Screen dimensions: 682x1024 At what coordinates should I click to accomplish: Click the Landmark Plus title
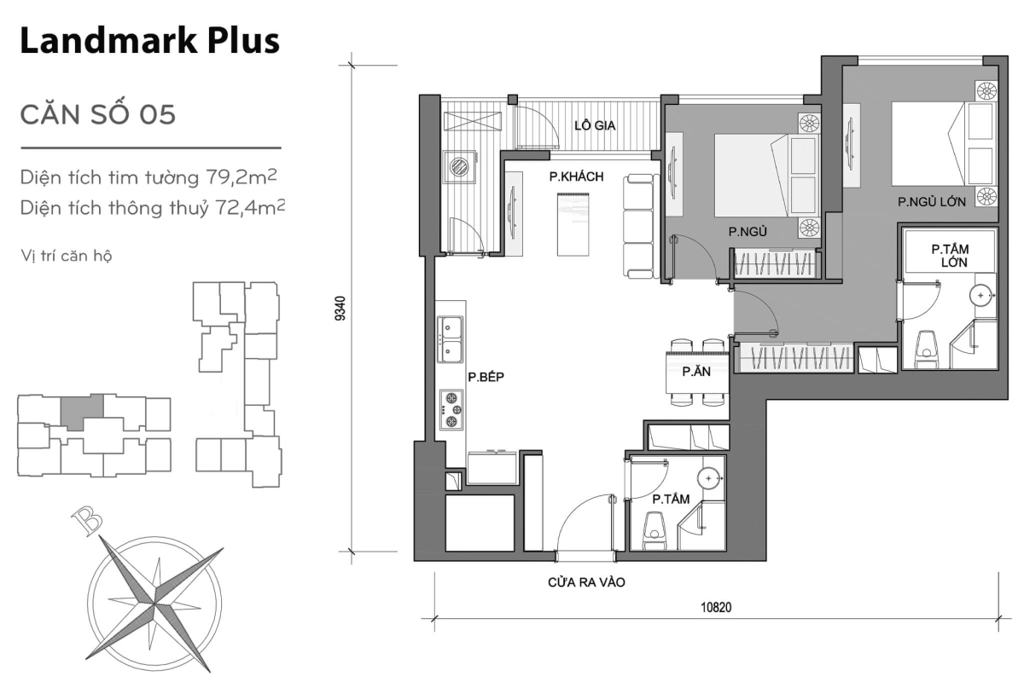(x=149, y=41)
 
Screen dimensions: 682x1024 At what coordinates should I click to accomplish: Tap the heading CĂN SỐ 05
(x=98, y=114)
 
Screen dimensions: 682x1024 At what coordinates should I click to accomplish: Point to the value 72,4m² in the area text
(x=248, y=206)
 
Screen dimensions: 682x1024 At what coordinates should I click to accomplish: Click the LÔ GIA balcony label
(x=595, y=125)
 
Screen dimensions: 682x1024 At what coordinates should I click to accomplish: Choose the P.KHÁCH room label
(x=576, y=176)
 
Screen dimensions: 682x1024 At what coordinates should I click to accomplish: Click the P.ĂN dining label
(x=691, y=372)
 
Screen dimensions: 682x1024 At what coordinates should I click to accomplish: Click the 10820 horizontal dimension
(x=717, y=608)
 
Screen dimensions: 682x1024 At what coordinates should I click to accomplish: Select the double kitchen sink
(x=451, y=338)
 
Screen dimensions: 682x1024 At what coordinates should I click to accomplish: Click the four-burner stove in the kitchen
(x=451, y=409)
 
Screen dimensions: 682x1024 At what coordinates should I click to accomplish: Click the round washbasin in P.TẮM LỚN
(x=981, y=296)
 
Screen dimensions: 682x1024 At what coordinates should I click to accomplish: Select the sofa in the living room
(x=638, y=226)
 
